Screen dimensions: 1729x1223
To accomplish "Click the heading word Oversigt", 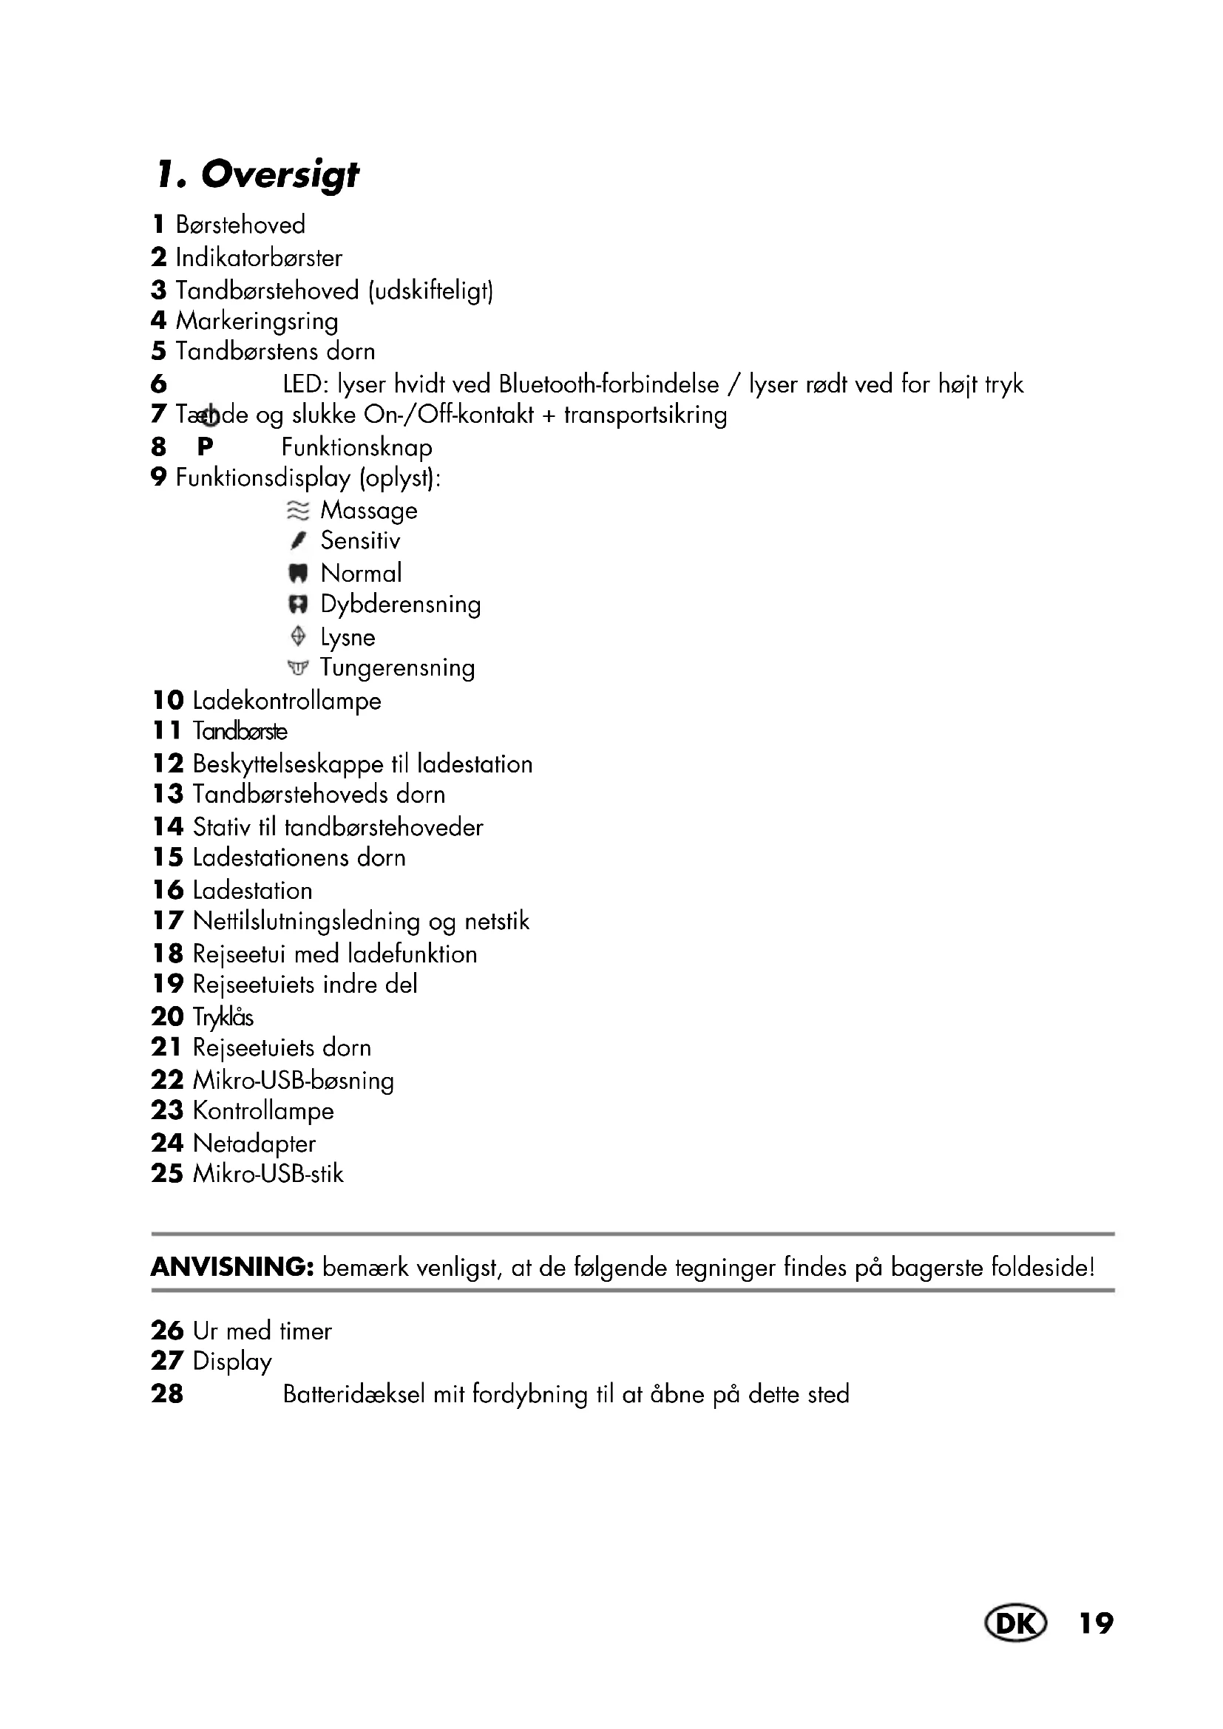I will (280, 174).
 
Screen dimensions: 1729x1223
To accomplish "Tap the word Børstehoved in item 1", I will (240, 225).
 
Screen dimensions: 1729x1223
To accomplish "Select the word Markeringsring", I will (257, 321).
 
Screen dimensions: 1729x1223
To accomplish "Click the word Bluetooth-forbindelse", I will (609, 384).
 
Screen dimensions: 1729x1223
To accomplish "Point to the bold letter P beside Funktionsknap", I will (205, 447).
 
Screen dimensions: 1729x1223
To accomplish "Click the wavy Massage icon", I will (298, 511).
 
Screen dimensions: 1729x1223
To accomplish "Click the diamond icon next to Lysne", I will (298, 636).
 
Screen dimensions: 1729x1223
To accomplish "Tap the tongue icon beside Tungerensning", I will (298, 668).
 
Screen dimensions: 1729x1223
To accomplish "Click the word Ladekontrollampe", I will (287, 701).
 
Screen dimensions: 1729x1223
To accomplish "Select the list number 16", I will (167, 890).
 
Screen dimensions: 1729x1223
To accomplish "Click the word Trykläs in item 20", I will (223, 1016).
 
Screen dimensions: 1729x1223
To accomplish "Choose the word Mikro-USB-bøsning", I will (293, 1081).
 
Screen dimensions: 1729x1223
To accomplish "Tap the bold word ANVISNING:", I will (232, 1268).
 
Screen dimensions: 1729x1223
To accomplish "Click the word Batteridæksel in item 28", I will (354, 1394).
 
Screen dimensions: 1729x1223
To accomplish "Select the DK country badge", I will (1014, 1623).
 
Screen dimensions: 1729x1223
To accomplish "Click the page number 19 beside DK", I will (1096, 1623).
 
